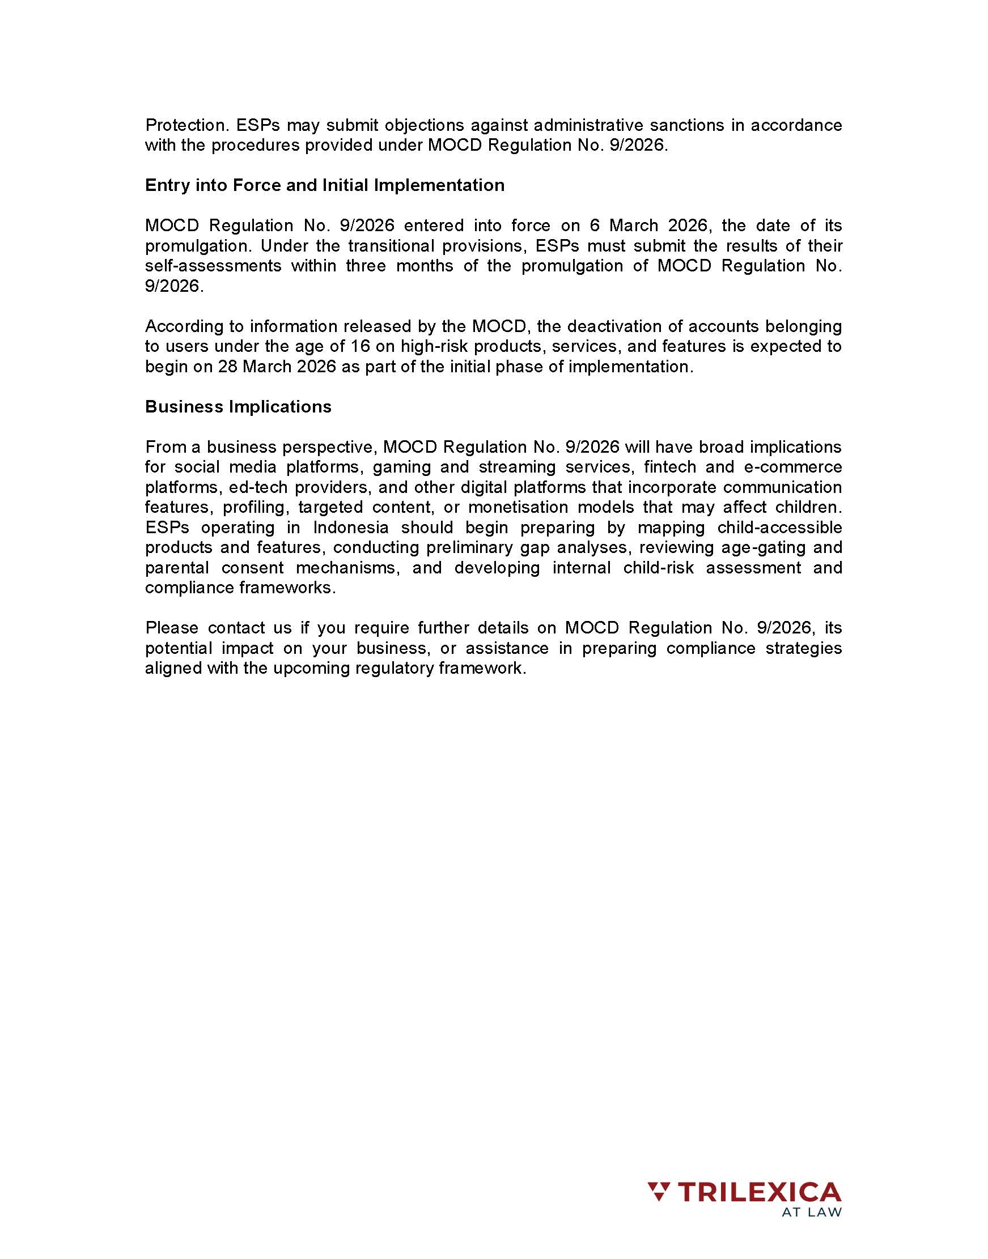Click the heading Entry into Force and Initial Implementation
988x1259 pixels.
(324, 185)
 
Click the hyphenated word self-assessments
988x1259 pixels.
(213, 266)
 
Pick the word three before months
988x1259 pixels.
(366, 266)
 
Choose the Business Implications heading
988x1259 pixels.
(238, 406)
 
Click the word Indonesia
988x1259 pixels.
(351, 527)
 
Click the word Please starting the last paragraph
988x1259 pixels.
(172, 628)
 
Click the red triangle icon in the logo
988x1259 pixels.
(658, 1193)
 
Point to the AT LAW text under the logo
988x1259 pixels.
(811, 1213)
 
